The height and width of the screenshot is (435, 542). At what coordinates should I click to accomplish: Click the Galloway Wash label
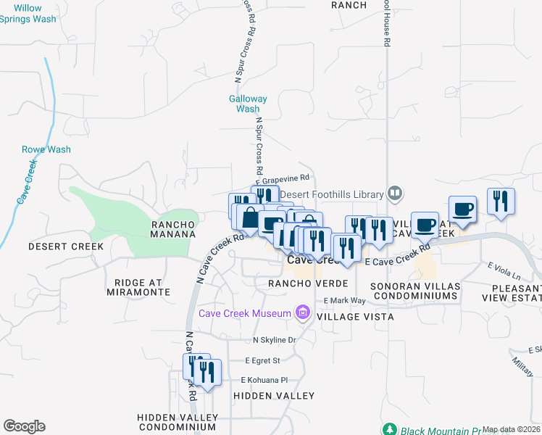[x=248, y=104]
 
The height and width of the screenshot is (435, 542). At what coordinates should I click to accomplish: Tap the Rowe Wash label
[x=46, y=149]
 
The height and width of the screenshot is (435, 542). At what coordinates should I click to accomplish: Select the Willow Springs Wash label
[x=28, y=13]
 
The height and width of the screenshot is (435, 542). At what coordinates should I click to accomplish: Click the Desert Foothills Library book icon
[x=395, y=194]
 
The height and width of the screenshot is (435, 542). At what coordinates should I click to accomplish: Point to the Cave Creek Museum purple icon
[x=303, y=313]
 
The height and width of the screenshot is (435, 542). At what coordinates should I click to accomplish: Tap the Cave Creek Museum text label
[x=245, y=312]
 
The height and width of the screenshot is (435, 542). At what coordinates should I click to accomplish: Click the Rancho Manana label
[x=173, y=229]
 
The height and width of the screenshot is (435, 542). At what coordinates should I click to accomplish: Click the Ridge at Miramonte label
[x=137, y=287]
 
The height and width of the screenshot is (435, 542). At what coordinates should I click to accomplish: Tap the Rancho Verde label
[x=308, y=283]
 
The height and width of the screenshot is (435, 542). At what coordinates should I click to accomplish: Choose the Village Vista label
[x=356, y=317]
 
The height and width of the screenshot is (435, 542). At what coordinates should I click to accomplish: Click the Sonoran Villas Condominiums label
[x=415, y=291]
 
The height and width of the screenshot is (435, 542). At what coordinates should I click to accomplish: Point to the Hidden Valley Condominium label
[x=178, y=422]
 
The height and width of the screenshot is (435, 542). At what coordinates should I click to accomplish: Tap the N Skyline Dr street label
[x=275, y=340]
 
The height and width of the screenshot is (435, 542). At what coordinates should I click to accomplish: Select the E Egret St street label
[x=262, y=360]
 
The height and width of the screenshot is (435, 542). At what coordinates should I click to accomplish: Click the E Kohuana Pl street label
[x=264, y=379]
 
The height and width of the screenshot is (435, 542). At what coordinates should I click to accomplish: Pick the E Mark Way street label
[x=346, y=300]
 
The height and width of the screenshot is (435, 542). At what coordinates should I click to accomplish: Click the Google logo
[x=24, y=426]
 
